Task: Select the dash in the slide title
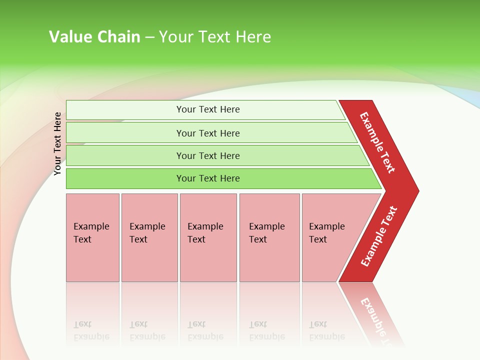tap(149, 37)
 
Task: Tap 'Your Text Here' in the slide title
tap(215, 37)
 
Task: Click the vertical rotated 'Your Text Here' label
tap(57, 144)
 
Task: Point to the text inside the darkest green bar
tap(208, 178)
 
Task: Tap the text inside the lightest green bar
tap(208, 109)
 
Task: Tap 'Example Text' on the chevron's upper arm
tap(377, 142)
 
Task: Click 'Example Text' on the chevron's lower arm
tap(379, 236)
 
